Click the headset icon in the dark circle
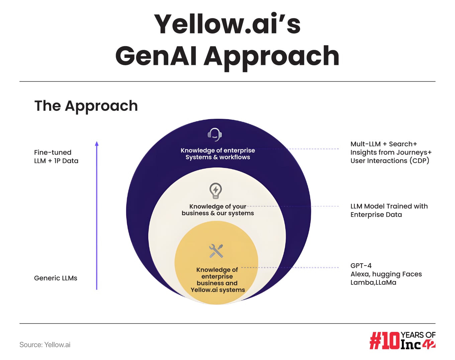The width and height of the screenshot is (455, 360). click(214, 134)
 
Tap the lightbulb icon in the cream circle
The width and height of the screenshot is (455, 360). click(215, 191)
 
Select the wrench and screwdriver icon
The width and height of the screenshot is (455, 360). click(216, 251)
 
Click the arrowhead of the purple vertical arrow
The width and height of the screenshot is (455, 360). click(97, 144)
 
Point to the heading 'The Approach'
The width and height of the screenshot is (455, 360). click(86, 106)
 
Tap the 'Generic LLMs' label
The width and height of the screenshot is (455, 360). click(56, 278)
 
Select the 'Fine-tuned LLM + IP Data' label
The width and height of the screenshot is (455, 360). click(56, 157)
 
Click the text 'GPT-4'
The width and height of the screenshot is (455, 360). click(361, 266)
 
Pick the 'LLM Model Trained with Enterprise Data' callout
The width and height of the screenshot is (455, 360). click(389, 210)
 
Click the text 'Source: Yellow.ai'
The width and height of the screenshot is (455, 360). click(45, 345)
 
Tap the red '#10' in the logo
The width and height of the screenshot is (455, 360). click(385, 341)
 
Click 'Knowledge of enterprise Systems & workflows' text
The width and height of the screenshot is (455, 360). click(218, 154)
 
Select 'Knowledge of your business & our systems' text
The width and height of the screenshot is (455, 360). click(218, 210)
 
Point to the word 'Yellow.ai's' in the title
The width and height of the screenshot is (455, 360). click(227, 24)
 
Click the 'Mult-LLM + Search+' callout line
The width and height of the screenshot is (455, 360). click(384, 144)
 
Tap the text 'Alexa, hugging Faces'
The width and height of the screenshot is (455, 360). click(386, 274)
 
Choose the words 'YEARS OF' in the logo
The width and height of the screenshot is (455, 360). click(418, 335)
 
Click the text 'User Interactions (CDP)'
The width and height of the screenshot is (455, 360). click(390, 161)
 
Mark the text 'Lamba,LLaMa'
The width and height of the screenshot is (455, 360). click(373, 282)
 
